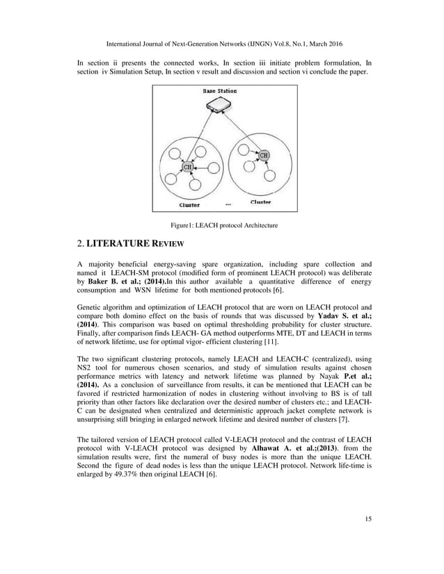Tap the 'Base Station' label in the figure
tap(219, 91)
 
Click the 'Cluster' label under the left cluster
tap(189, 205)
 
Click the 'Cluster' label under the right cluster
tap(261, 202)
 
